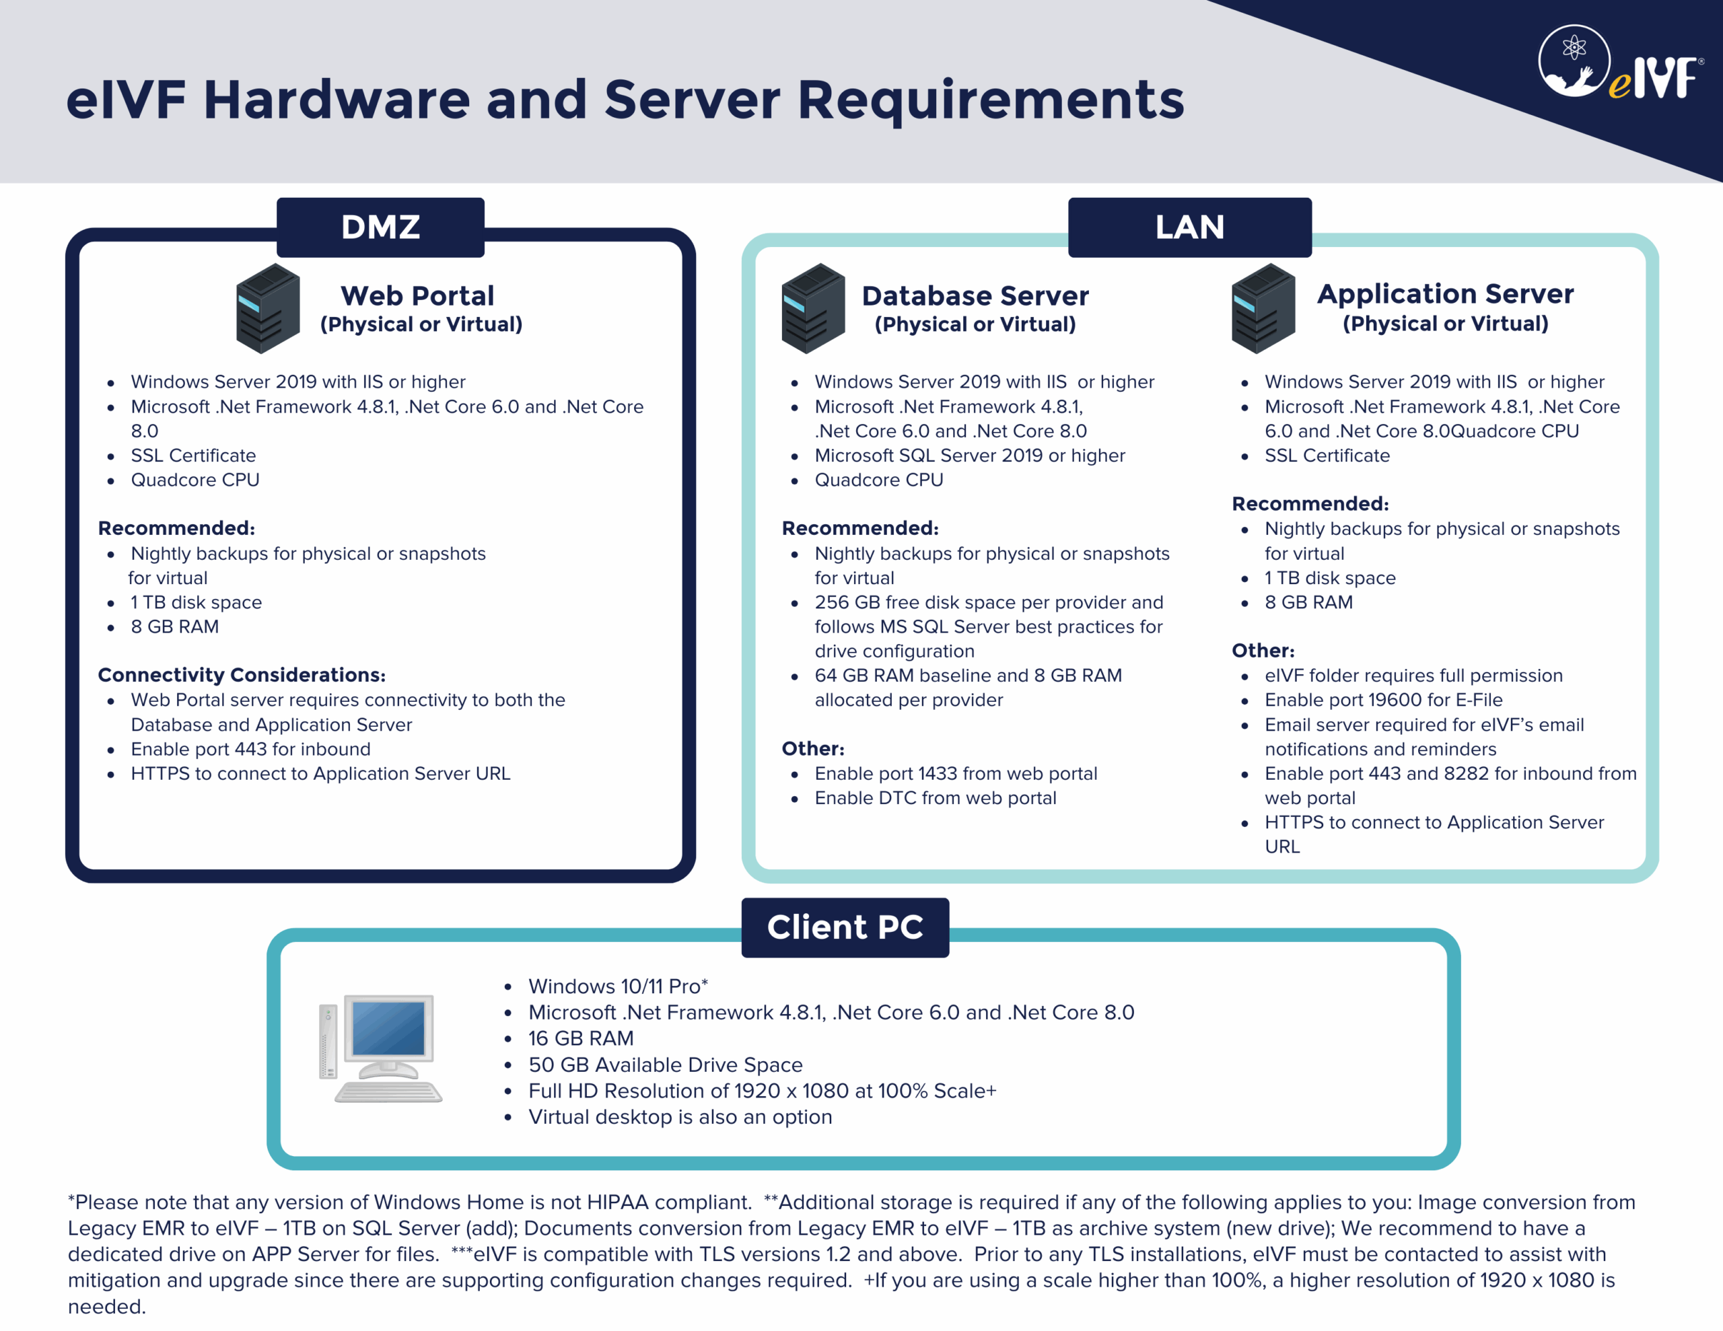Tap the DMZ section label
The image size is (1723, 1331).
click(x=380, y=227)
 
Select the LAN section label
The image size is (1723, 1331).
click(x=1189, y=227)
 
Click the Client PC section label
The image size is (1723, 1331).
click(x=844, y=927)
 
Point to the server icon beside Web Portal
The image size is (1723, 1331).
click(x=267, y=308)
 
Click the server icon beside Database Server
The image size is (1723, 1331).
click(x=812, y=308)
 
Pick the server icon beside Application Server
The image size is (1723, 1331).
click(x=1262, y=308)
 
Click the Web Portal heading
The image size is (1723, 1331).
click(x=417, y=296)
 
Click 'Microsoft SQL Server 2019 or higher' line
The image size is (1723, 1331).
click(x=970, y=456)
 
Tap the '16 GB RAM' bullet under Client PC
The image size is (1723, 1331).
click(x=581, y=1038)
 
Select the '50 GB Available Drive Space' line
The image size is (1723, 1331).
click(x=665, y=1065)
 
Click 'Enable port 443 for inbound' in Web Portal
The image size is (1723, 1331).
click(x=250, y=749)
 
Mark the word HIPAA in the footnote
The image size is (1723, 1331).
click(x=618, y=1202)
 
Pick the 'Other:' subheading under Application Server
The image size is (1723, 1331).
click(x=1263, y=650)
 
